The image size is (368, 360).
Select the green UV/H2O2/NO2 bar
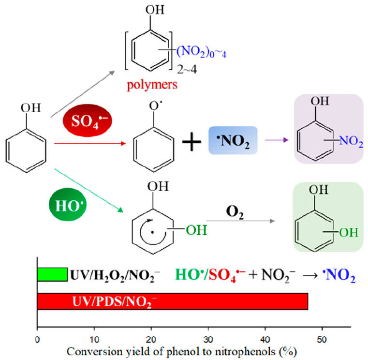coord(52,274)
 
